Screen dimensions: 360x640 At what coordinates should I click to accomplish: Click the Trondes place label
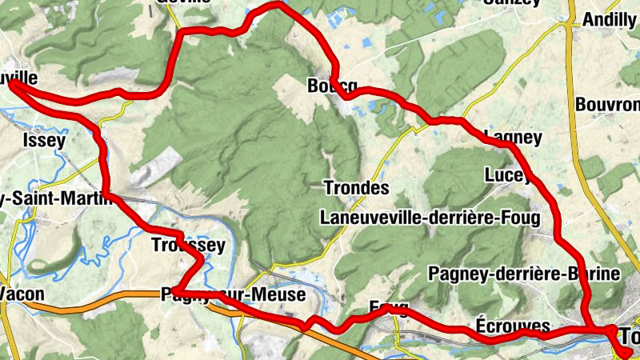click(356, 189)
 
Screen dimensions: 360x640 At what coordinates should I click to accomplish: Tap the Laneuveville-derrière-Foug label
click(430, 217)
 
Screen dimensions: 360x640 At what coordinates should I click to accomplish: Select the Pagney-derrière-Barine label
click(524, 274)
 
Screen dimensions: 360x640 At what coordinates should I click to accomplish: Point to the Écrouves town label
click(512, 326)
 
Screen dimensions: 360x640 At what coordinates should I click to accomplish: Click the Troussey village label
click(188, 246)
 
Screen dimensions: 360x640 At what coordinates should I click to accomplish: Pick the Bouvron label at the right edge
click(607, 104)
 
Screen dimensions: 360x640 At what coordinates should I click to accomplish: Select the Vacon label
click(22, 294)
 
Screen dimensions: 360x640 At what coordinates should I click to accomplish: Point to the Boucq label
click(331, 86)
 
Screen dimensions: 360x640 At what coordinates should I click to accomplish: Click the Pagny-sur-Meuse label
click(233, 295)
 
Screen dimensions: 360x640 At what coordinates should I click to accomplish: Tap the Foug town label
click(390, 307)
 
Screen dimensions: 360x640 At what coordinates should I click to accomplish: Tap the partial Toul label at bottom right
click(628, 337)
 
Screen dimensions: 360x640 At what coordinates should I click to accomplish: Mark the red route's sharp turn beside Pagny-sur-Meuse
click(175, 290)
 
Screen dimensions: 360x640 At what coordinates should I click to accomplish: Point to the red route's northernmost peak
click(276, 4)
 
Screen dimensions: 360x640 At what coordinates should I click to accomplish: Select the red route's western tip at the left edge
click(12, 82)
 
